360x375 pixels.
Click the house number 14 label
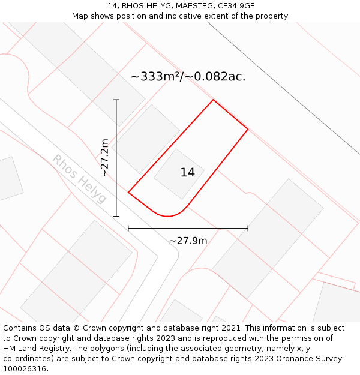click(187, 173)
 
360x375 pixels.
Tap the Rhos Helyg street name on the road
click(79, 179)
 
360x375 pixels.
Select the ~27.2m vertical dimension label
click(105, 157)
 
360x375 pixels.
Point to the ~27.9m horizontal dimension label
click(188, 241)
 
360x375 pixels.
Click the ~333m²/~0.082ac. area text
click(188, 77)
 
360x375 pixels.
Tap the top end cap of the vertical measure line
click(116, 100)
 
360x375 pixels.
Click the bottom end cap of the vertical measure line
click(116, 216)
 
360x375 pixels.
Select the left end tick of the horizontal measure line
click(128, 228)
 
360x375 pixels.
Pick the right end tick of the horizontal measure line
click(248, 228)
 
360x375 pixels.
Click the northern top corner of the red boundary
click(213, 100)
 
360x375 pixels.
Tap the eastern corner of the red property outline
click(248, 129)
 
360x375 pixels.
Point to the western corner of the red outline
click(128, 192)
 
